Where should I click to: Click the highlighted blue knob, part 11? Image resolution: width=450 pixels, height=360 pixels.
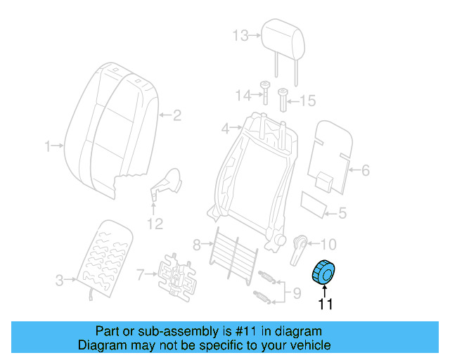tap(326, 272)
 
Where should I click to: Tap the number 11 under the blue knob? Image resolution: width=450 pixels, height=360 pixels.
tap(325, 304)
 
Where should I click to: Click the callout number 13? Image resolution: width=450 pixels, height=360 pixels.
tap(240, 35)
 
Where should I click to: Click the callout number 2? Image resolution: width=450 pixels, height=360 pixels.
tap(177, 115)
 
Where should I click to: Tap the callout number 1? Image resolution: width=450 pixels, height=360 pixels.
tap(49, 146)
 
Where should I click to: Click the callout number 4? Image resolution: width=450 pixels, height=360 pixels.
tap(225, 129)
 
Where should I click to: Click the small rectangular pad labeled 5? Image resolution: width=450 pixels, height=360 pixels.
tap(314, 202)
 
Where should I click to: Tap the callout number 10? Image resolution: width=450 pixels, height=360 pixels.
tap(328, 245)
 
